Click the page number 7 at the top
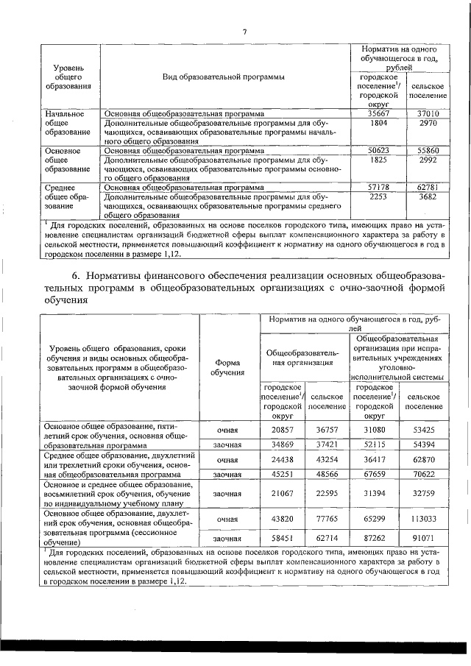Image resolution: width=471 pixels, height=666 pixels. pyautogui.click(x=245, y=30)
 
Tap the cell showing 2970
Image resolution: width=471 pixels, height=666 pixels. pyautogui.click(x=428, y=124)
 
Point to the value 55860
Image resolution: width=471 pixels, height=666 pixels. pyautogui.click(x=428, y=149)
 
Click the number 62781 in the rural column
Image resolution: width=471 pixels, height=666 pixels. pyautogui.click(x=428, y=187)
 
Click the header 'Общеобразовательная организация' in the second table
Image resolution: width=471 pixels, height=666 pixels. pyautogui.click(x=302, y=357)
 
